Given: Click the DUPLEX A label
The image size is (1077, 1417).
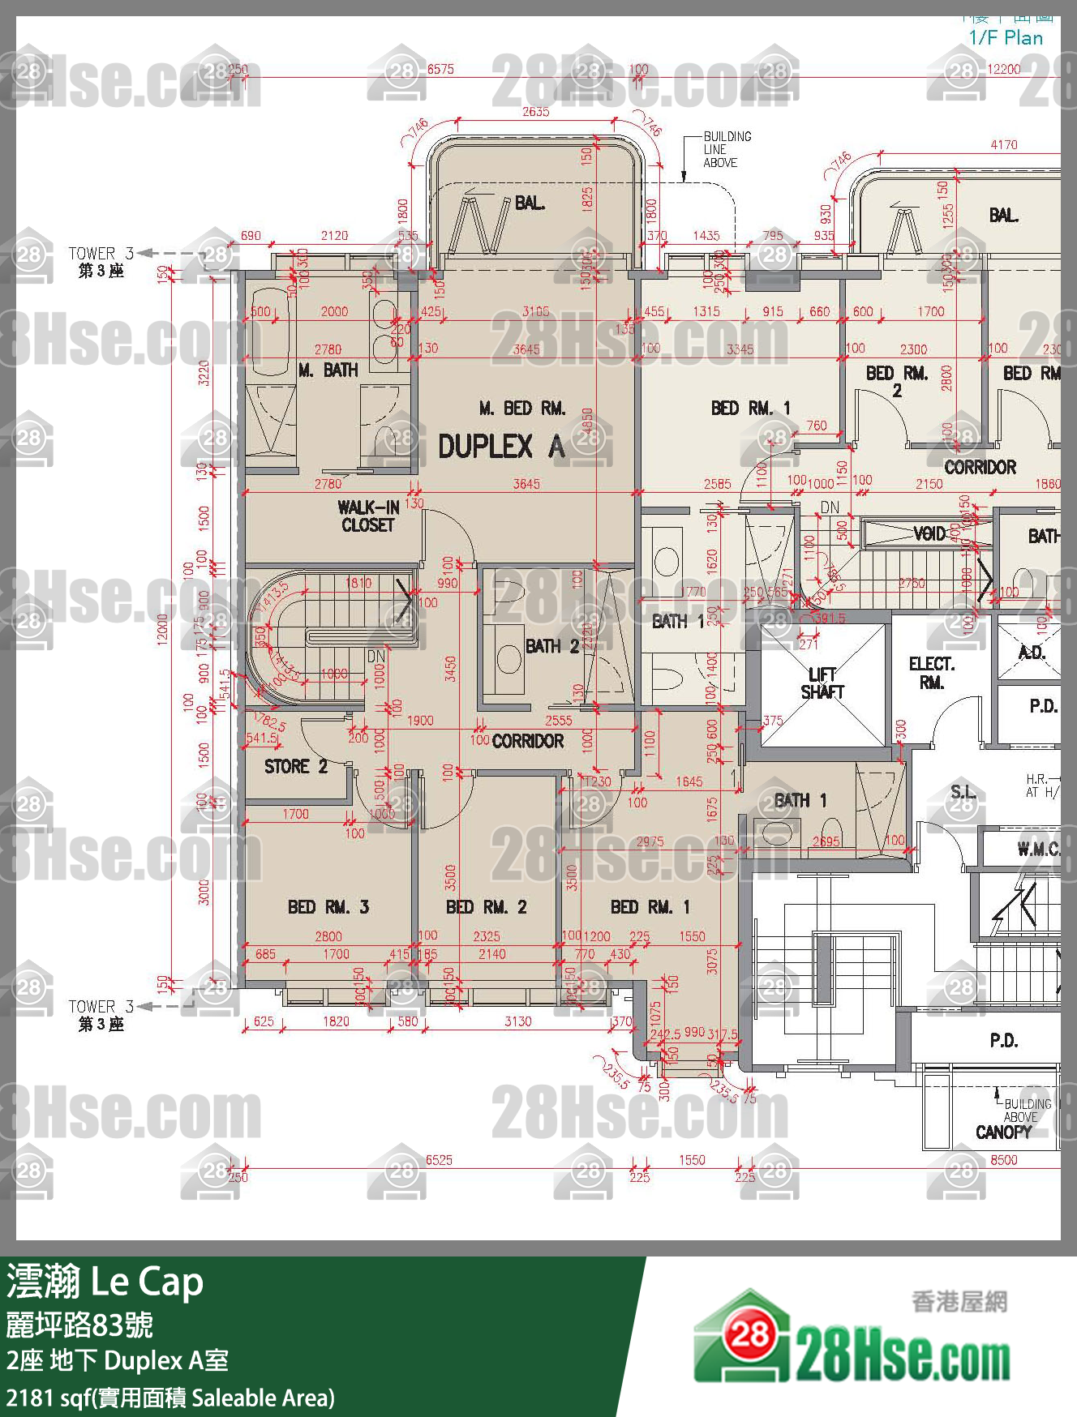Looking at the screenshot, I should [500, 447].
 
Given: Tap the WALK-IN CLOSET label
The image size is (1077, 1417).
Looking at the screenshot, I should [367, 516].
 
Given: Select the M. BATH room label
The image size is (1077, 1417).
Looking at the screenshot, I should [328, 370].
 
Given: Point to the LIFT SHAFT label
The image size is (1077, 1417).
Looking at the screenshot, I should [822, 683].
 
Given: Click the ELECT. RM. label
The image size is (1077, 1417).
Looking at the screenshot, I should [931, 673].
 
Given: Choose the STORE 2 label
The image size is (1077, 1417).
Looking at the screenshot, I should [295, 767].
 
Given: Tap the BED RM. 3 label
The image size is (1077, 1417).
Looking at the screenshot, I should [328, 907].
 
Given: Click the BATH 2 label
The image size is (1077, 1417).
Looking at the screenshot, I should [551, 646].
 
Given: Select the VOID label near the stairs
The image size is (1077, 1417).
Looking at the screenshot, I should [929, 533].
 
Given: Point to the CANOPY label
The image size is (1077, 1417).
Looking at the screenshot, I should [1003, 1132].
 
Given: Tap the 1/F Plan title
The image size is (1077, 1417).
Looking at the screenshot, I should [1006, 37].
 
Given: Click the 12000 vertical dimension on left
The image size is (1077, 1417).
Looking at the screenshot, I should [162, 630].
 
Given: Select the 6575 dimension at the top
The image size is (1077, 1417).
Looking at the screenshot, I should [440, 70].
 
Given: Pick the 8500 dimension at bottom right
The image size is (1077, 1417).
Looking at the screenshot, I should [1003, 1160].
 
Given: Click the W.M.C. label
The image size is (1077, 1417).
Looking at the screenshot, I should [1037, 850].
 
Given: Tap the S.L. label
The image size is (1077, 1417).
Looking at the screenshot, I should [963, 792].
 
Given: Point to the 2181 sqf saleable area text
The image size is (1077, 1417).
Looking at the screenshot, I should [170, 1398].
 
